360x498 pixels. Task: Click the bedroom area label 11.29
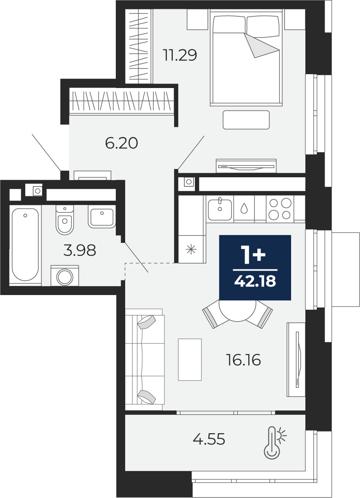(x=180, y=55)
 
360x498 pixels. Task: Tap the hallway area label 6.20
(x=121, y=143)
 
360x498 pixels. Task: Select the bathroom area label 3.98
(x=80, y=250)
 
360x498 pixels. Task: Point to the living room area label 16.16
(x=243, y=360)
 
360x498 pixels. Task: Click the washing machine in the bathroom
(x=65, y=275)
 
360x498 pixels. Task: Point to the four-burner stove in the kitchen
(x=280, y=209)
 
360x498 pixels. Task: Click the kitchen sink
(x=220, y=209)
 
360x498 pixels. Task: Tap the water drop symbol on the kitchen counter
(x=244, y=208)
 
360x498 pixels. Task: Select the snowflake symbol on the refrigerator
(x=191, y=249)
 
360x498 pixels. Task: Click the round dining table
(x=237, y=311)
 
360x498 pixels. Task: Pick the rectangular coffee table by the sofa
(x=190, y=360)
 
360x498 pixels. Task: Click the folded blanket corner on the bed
(x=261, y=46)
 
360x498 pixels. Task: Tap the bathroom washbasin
(x=102, y=216)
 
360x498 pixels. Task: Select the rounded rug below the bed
(x=246, y=120)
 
